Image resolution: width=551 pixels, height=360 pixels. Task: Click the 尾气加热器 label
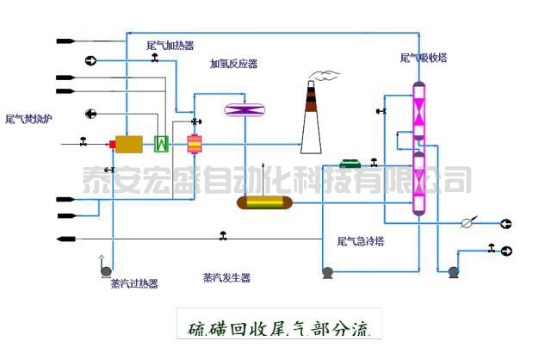tap(170, 46)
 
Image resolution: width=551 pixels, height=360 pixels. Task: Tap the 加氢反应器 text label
tap(233, 64)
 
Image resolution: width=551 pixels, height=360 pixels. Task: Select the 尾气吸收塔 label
tap(424, 59)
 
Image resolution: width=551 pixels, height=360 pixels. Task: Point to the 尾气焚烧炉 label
tap(28, 119)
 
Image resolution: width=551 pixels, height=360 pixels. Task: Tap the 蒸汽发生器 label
tap(226, 277)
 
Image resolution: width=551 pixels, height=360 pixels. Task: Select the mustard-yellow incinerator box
tap(130, 144)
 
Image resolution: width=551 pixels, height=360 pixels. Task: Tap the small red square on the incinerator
tap(112, 144)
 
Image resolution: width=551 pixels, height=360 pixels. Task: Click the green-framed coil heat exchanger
tap(160, 144)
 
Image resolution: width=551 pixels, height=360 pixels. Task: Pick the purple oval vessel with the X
tap(245, 109)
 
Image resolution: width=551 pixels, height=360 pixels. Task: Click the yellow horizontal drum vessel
tap(264, 202)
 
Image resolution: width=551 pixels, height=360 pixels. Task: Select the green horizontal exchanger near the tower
tap(351, 163)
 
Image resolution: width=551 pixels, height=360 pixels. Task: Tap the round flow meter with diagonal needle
tap(467, 223)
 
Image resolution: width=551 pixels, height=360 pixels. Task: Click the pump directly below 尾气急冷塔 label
tap(328, 273)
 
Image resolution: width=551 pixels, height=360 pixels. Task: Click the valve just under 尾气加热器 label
tap(154, 58)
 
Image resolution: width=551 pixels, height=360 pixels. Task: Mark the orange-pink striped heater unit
tap(195, 143)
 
